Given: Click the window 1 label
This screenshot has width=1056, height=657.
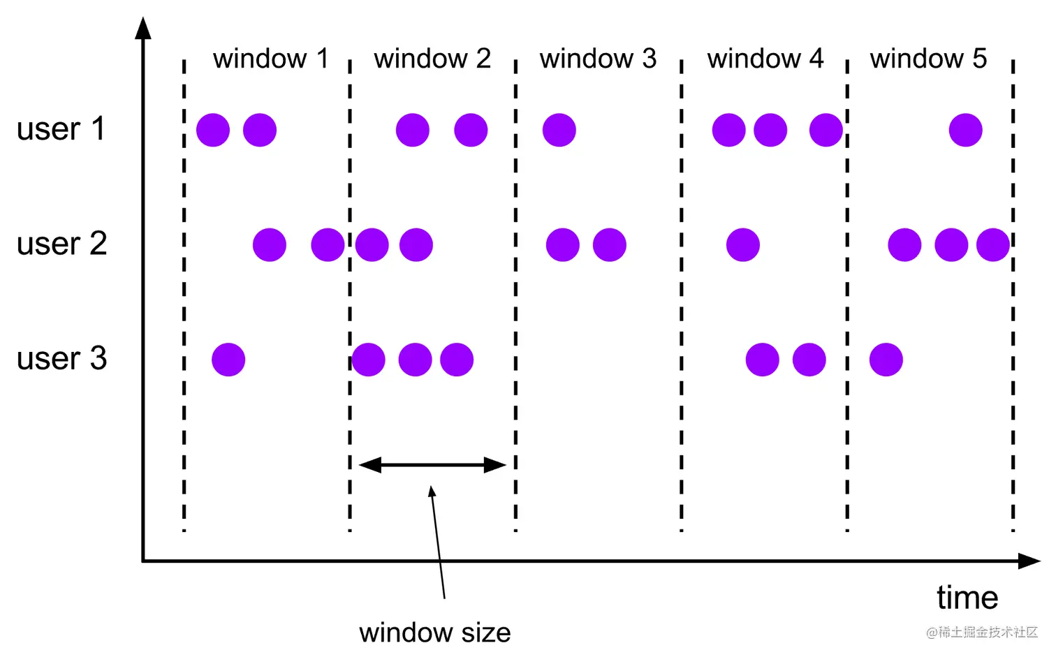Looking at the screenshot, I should tap(270, 59).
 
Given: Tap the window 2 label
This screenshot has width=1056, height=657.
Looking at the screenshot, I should tap(432, 59).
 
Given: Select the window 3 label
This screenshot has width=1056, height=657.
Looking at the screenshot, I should tap(598, 59).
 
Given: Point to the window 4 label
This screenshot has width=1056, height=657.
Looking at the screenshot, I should tap(765, 59).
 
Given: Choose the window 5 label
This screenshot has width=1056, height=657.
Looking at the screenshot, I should tap(928, 59).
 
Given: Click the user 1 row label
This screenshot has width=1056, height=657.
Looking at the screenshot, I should tap(61, 129).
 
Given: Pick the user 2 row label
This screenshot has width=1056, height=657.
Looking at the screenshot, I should tap(61, 244).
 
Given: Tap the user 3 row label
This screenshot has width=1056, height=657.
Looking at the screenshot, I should tap(61, 359).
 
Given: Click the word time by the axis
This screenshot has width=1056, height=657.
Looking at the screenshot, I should tap(967, 598).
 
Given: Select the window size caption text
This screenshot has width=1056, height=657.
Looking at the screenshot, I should tap(434, 633).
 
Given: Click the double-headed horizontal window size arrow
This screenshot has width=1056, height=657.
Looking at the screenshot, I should tap(432, 465).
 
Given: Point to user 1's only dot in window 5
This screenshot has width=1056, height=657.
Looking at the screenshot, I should tap(965, 130).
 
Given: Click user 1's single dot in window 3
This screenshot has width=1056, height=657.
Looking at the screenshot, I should tap(559, 130).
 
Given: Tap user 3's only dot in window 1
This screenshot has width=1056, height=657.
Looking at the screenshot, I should tap(228, 360).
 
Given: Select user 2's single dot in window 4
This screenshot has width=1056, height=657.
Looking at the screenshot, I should tap(742, 245).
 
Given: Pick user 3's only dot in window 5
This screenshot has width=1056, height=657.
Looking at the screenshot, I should tap(886, 360).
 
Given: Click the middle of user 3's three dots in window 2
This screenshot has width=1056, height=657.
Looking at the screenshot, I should tap(415, 360).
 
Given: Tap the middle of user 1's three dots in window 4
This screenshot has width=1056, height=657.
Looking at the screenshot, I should tap(770, 130).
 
